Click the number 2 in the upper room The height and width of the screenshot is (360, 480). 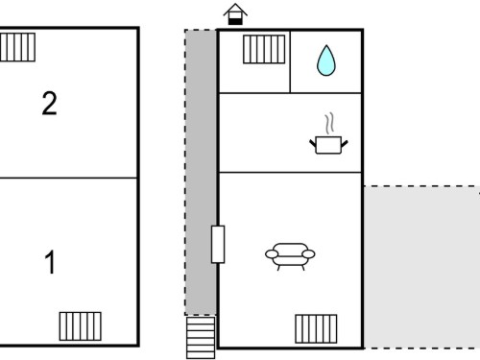pos(49,103)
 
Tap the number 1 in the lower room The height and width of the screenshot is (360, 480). pos(50,262)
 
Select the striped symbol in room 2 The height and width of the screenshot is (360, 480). pos(17,47)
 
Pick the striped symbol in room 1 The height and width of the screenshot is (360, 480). pos(81,326)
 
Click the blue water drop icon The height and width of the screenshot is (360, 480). pos(326,60)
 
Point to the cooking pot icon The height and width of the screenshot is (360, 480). pos(328,145)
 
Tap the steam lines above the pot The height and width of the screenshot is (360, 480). pos(329,123)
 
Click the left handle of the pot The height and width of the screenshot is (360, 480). pos(313,143)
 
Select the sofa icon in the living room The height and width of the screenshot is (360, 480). pos(290,256)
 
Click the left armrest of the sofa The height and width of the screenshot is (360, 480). pos(272,254)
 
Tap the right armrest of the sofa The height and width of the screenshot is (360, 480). pos(308,254)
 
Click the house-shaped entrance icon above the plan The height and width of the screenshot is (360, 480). pos(235,14)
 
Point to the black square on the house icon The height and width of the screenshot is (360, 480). pos(235,21)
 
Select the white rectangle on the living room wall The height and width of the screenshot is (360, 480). pos(218,244)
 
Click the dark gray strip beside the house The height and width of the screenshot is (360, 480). pos(201,173)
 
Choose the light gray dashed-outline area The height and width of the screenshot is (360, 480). pos(421,267)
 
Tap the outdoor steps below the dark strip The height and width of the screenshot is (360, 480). pos(201,338)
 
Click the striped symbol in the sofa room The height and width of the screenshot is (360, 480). pos(316,328)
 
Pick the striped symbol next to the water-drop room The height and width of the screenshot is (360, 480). pos(264,49)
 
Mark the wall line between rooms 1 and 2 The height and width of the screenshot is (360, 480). pos(68,178)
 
